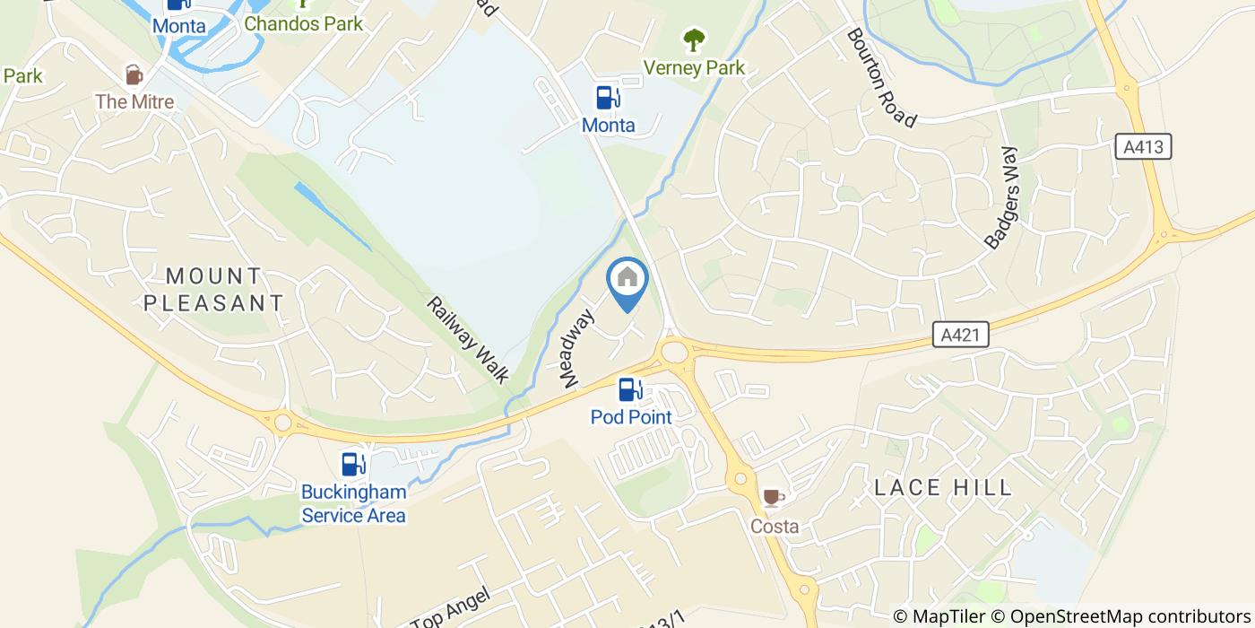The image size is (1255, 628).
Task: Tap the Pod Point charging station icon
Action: tap(631, 389)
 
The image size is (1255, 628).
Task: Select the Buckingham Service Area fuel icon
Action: tap(353, 464)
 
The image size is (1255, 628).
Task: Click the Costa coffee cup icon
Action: tap(772, 498)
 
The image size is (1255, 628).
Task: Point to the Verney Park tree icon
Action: tap(694, 40)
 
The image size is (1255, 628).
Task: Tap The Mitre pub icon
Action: tap(134, 74)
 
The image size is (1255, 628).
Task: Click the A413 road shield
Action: tap(1144, 146)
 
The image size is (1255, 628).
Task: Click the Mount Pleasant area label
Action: tap(213, 289)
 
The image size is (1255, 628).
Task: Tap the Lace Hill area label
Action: tap(943, 488)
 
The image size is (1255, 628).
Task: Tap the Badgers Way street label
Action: tap(1002, 197)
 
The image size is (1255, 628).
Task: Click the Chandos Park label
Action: tap(304, 23)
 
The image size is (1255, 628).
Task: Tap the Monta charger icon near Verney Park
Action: tap(609, 97)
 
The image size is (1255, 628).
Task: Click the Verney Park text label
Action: tap(695, 68)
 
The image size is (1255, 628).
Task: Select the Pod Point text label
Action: tap(631, 417)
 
